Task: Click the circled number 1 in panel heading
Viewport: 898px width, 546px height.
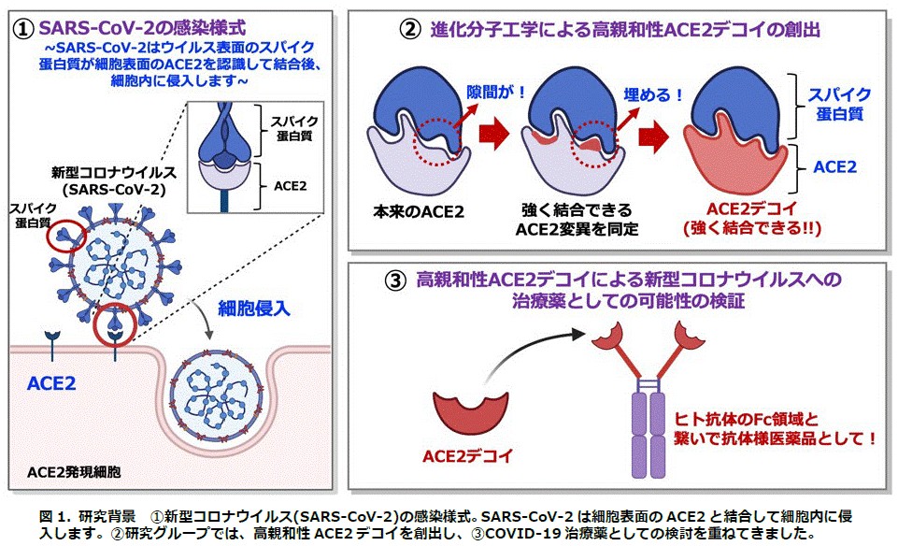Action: point(23,28)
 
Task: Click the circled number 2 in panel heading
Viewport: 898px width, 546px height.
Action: point(410,29)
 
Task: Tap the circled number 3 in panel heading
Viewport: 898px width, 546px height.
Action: point(396,280)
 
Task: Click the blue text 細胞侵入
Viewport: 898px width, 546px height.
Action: point(254,309)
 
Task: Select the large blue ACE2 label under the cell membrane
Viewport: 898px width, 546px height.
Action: point(51,383)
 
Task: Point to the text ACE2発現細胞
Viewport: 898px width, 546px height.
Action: point(74,472)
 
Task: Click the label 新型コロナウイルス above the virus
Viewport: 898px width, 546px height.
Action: point(113,172)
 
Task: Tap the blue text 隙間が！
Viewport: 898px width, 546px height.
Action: point(496,92)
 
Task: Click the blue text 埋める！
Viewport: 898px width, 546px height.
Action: point(653,94)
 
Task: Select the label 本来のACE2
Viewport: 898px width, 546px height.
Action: point(418,212)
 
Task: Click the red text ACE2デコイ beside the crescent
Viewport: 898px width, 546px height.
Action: point(467,456)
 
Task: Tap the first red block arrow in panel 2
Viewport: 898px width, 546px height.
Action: point(494,135)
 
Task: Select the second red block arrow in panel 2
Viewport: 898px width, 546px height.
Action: point(653,136)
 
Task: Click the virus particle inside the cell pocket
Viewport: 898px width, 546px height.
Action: point(217,395)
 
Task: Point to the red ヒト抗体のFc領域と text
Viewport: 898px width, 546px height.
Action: point(747,420)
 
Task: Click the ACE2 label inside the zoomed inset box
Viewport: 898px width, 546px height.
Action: point(291,186)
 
